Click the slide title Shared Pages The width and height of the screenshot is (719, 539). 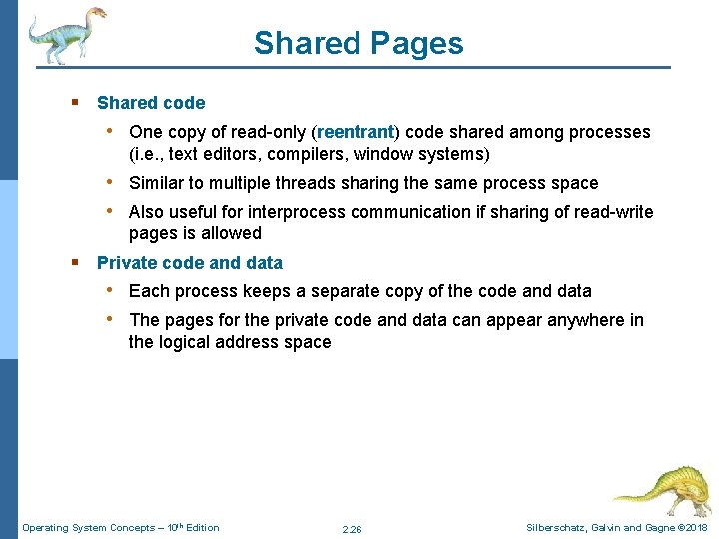(359, 43)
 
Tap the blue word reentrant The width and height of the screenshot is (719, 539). (356, 132)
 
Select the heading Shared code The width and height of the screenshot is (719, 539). (151, 103)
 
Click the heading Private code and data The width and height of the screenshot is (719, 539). (190, 263)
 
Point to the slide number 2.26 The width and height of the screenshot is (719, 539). (352, 529)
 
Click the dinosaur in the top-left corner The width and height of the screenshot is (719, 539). (65, 35)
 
